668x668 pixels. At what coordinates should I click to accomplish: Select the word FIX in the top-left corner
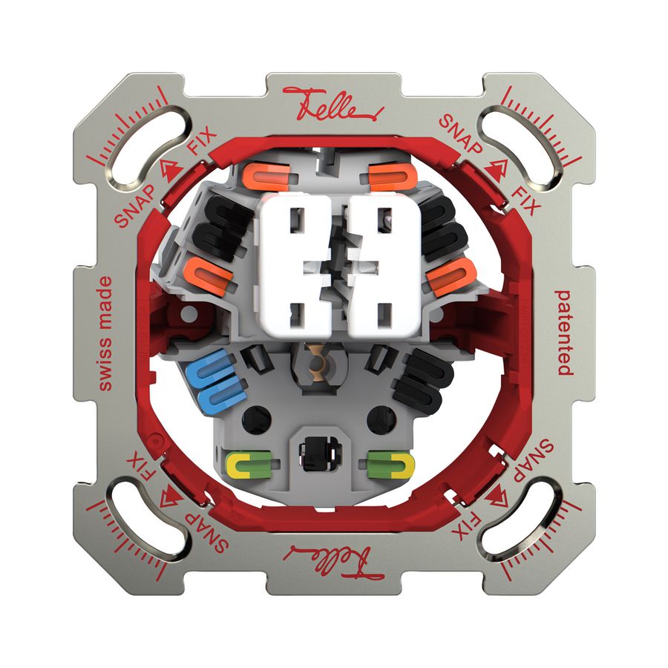(x=199, y=140)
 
